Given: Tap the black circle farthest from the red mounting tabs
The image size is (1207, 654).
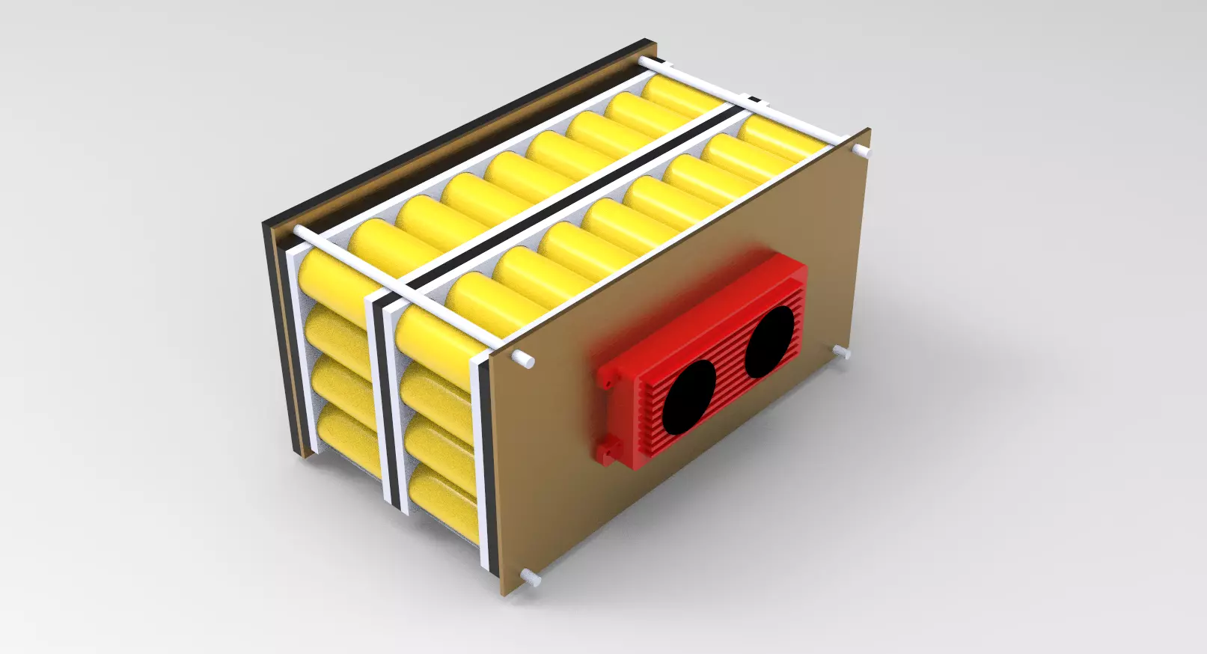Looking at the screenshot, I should (768, 340).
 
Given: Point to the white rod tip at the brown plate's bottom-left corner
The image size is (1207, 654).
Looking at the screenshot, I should (531, 577).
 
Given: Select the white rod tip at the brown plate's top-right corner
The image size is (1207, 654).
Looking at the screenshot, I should (864, 152).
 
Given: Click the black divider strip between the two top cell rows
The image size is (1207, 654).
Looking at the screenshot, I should (569, 198).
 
